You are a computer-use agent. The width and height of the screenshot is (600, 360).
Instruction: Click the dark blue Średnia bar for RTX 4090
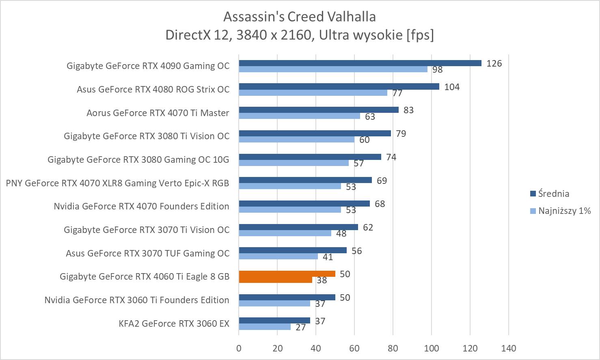[360, 63]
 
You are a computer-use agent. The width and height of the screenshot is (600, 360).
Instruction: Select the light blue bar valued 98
[333, 69]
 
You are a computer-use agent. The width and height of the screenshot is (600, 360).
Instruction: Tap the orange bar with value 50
[287, 274]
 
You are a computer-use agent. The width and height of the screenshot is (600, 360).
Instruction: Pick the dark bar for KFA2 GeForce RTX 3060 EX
[274, 321]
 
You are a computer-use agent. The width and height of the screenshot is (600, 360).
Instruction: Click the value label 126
[494, 63]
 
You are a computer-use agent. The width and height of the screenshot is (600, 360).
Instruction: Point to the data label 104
[452, 87]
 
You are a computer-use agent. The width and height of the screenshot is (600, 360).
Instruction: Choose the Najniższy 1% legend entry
[560, 211]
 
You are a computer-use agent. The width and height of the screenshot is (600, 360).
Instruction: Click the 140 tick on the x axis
[509, 348]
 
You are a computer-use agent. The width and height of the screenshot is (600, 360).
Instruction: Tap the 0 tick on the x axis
[239, 348]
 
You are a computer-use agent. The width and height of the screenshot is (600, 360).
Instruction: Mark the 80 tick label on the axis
[393, 348]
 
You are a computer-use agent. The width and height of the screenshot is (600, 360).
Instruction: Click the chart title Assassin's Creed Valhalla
[300, 17]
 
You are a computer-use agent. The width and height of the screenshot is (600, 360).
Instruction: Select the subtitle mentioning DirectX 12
[300, 35]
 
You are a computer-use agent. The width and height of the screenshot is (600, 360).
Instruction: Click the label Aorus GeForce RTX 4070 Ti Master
[158, 113]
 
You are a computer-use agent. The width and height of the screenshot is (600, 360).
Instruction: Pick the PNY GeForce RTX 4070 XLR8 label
[118, 183]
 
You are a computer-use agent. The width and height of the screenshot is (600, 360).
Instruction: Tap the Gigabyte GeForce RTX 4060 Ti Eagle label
[145, 276]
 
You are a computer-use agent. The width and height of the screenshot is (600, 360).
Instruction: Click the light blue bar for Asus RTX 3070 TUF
[278, 256]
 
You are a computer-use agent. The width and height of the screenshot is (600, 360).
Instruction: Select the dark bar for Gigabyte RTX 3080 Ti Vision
[315, 133]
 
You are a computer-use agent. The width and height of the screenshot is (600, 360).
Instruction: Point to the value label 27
[300, 327]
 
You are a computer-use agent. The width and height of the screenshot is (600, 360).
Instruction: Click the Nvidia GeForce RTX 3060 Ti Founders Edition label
[137, 300]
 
